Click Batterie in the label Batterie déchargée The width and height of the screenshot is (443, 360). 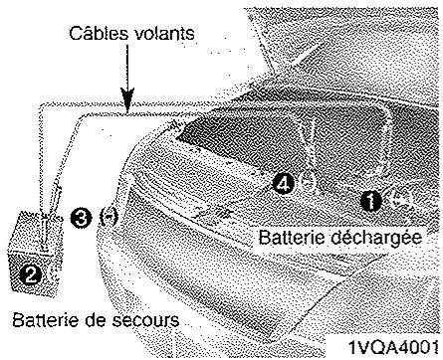[291, 239]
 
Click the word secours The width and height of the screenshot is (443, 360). [146, 321]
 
